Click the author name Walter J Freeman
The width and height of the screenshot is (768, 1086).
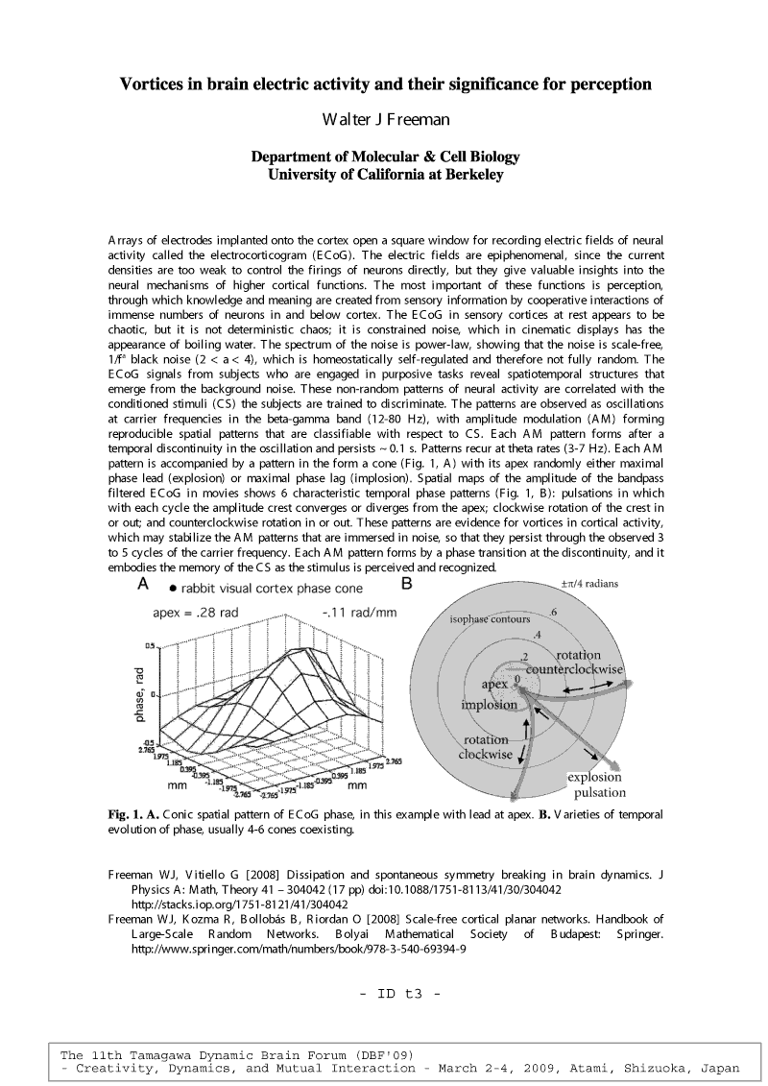pyautogui.click(x=385, y=120)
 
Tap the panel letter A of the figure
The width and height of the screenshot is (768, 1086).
pyautogui.click(x=143, y=584)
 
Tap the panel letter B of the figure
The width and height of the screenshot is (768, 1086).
pyautogui.click(x=406, y=584)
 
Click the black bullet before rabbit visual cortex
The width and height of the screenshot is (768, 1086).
pyautogui.click(x=171, y=587)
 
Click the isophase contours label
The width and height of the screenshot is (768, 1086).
pyautogui.click(x=490, y=619)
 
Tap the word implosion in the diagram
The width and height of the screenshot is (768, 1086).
pyautogui.click(x=489, y=705)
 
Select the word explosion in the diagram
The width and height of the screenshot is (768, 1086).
pyautogui.click(x=595, y=777)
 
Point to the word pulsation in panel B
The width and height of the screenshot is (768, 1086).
pyautogui.click(x=600, y=793)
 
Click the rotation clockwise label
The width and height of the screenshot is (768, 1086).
pyautogui.click(x=488, y=747)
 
